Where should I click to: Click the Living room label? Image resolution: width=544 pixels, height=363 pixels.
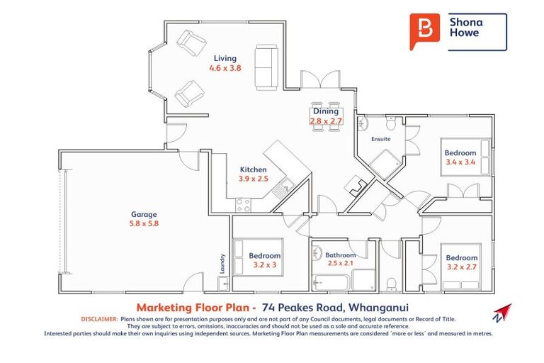tap(225, 58)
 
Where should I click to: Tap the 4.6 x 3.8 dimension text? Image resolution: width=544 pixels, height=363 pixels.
tap(225, 69)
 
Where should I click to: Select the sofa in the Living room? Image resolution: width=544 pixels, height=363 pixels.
tap(266, 67)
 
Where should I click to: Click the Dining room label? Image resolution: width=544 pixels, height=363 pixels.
tap(326, 111)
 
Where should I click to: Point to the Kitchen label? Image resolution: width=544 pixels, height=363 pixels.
tap(253, 169)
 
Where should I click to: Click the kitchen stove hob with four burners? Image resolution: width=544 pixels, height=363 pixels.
tap(243, 205)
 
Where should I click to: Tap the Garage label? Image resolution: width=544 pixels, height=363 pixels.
tap(143, 214)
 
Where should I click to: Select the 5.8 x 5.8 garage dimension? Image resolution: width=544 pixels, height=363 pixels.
tap(143, 224)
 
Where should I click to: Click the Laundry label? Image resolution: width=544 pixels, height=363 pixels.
tap(222, 263)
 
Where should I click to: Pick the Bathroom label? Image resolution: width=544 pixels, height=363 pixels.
tap(340, 254)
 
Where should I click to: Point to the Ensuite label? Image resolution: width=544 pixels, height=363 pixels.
tap(381, 139)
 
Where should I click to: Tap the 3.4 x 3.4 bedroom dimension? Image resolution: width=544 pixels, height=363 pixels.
tap(460, 162)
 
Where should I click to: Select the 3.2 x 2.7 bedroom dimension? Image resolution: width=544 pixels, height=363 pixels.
tap(462, 267)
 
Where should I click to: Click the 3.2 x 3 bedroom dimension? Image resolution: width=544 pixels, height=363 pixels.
tap(265, 265)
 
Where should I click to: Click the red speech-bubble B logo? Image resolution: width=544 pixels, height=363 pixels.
tap(424, 31)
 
